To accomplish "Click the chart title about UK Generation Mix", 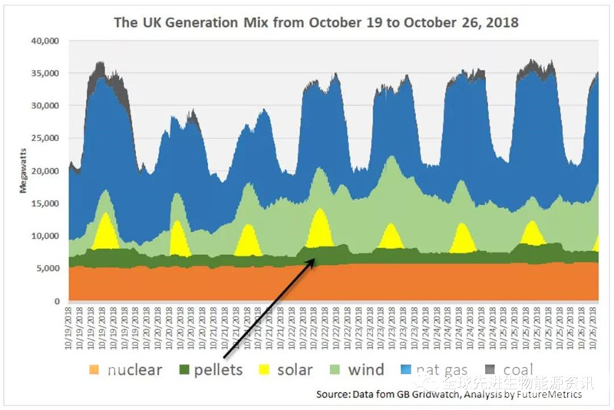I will click(316, 22).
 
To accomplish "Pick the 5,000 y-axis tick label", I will click(50, 269).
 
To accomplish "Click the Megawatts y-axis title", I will click(24, 170).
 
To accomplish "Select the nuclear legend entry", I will click(134, 370).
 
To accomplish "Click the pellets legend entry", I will click(217, 370).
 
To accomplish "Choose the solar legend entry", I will click(294, 370).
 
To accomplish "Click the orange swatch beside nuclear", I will click(95, 370).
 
